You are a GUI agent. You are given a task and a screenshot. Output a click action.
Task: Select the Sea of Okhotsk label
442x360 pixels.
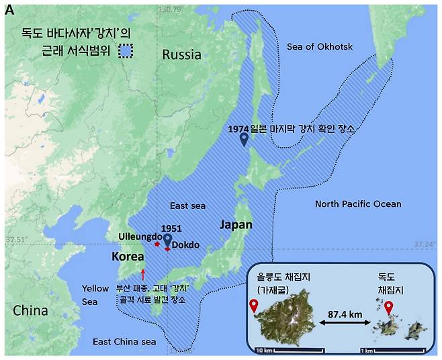pyautogui.click(x=319, y=46)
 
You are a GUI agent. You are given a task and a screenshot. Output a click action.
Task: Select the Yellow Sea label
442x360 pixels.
pyautogui.click(x=95, y=295)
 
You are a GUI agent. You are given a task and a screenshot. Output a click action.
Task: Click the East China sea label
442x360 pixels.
pyautogui.click(x=124, y=342)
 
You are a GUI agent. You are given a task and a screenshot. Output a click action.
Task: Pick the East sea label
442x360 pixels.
pyautogui.click(x=187, y=206)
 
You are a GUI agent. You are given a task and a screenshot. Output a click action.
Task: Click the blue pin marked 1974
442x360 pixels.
pyautogui.click(x=245, y=139)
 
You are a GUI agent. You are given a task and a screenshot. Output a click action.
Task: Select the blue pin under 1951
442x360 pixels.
pyautogui.click(x=168, y=240)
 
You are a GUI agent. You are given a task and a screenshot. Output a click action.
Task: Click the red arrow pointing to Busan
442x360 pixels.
pyautogui.click(x=143, y=273)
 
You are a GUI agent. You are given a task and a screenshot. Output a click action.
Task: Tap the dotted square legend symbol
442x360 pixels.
pyautogui.click(x=125, y=52)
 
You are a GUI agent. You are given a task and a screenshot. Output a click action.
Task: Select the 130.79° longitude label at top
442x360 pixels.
pyautogui.click(x=171, y=9)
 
